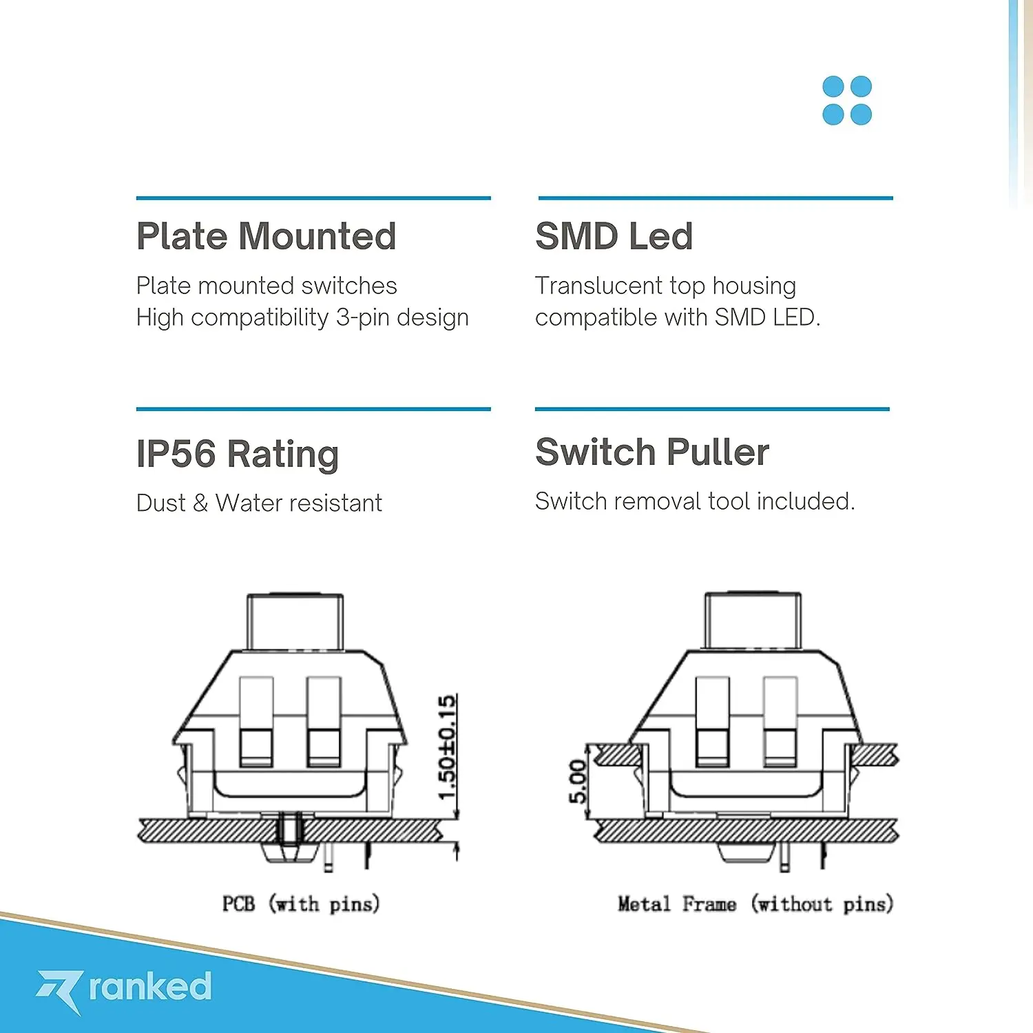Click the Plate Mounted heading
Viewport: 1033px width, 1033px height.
tap(266, 236)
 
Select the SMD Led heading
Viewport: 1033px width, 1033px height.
tap(614, 236)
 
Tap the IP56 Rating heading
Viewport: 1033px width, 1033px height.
tap(238, 454)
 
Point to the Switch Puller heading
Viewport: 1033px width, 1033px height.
tap(652, 452)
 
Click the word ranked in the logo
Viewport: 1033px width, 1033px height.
tap(150, 986)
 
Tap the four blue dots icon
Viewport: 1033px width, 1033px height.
tap(847, 101)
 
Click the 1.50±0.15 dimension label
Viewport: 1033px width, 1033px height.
tap(447, 747)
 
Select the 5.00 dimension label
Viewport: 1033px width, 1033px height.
tap(577, 782)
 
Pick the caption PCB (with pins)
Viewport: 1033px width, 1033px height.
tap(301, 904)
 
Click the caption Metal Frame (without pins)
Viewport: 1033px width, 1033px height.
tap(755, 904)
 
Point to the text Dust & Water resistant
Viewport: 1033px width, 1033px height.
tap(259, 503)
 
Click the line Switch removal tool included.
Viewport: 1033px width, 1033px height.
tap(695, 501)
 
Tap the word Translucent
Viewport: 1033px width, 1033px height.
tap(598, 286)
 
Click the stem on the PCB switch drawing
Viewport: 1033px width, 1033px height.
tap(295, 622)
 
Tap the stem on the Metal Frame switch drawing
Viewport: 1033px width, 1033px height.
tap(752, 622)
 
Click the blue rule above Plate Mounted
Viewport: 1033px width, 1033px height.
tap(313, 198)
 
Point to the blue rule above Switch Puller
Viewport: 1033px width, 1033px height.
tap(712, 409)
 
